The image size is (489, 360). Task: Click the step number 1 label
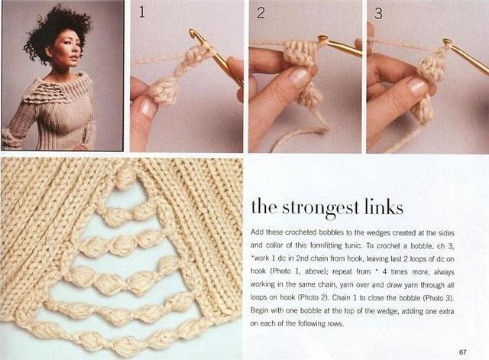[142, 12]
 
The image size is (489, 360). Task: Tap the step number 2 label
[261, 13]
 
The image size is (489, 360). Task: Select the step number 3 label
[378, 14]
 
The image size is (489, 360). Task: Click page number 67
[462, 352]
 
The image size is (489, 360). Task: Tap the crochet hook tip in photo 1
[193, 32]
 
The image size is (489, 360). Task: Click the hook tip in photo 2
[322, 39]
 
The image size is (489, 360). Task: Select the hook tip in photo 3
[447, 42]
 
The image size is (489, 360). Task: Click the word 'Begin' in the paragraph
[259, 311]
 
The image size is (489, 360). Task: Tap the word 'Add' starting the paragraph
[257, 232]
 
